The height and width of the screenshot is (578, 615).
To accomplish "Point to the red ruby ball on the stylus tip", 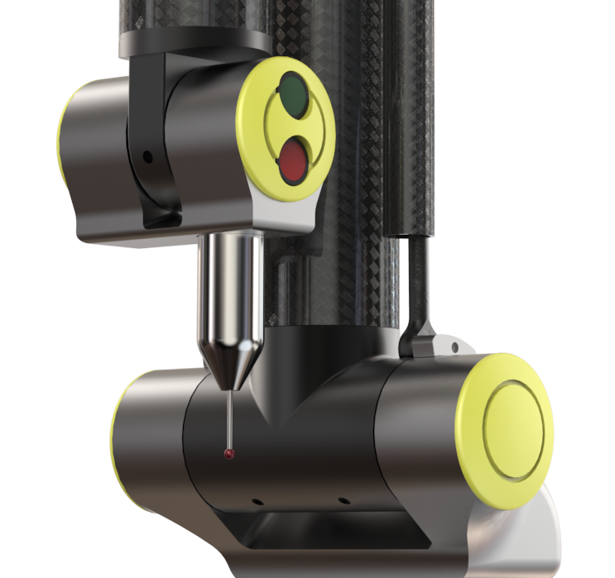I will click(228, 454).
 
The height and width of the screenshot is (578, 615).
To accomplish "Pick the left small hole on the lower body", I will click(258, 502).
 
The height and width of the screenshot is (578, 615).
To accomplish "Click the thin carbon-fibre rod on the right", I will click(418, 273).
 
